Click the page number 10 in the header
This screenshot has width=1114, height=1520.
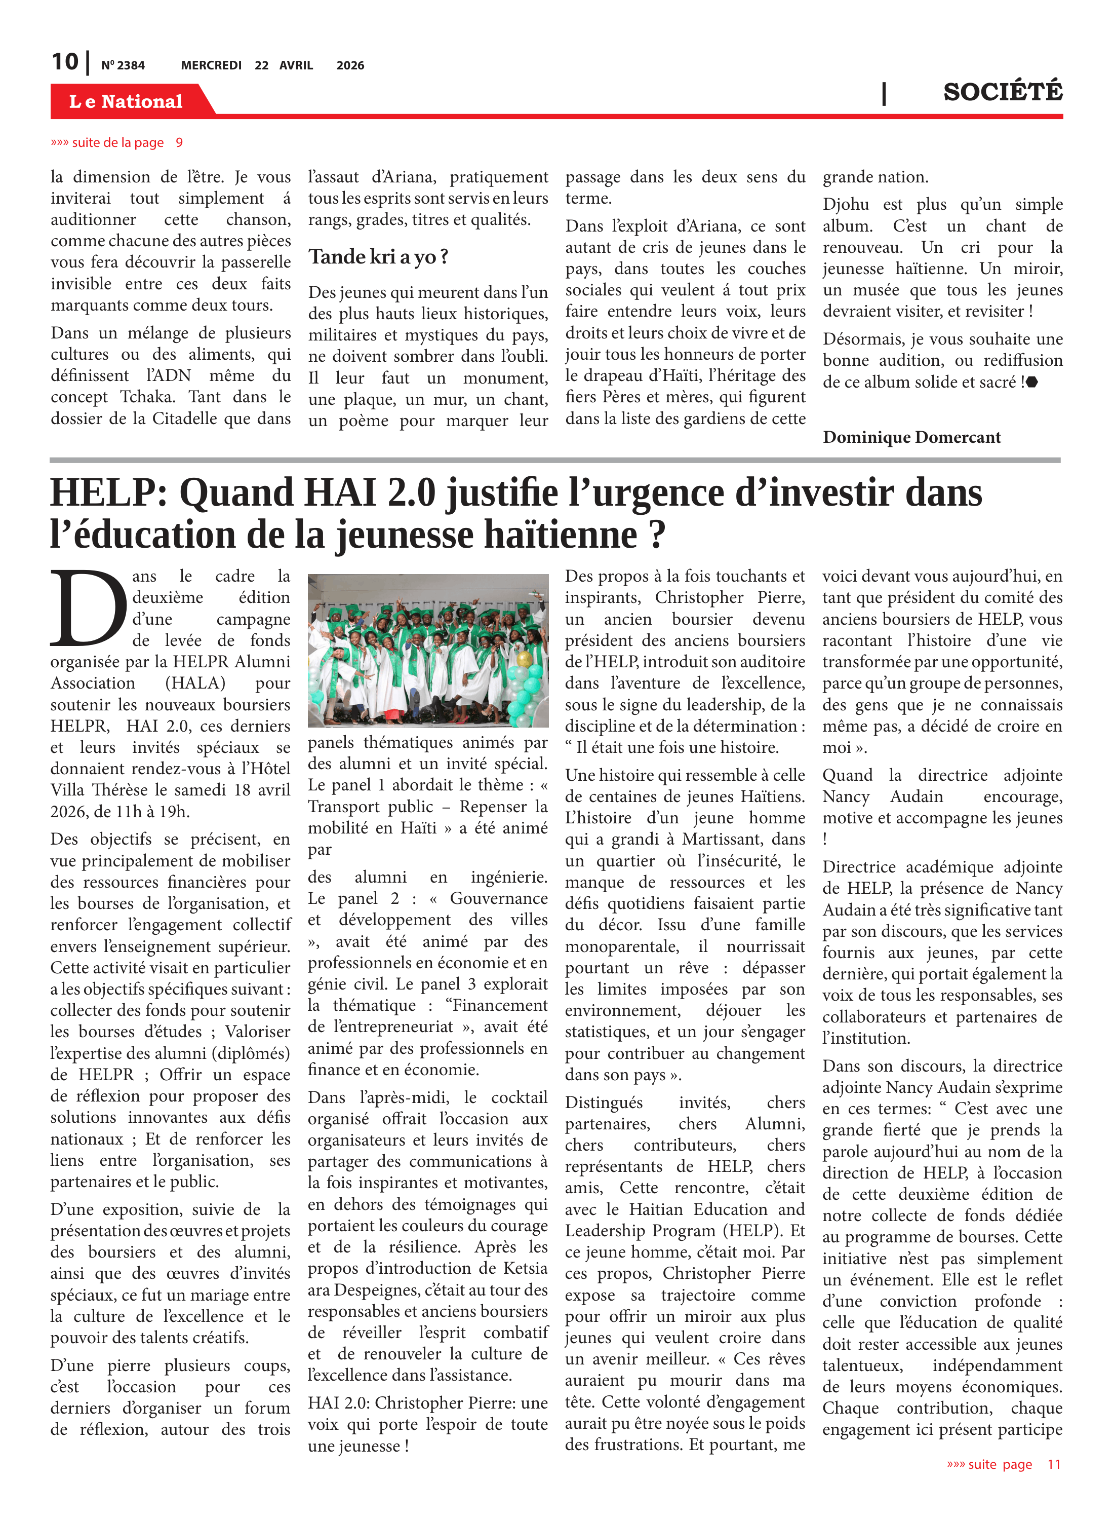click(x=65, y=62)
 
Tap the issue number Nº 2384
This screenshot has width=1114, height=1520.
click(x=123, y=65)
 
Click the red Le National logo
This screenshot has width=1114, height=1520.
click(x=126, y=101)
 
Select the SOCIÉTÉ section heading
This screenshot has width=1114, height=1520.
click(x=1002, y=92)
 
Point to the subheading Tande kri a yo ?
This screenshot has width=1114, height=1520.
click(x=378, y=257)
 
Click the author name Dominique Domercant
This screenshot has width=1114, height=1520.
click(x=911, y=437)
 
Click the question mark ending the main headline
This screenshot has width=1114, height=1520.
click(x=657, y=535)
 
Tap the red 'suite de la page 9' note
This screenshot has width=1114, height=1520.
click(x=116, y=142)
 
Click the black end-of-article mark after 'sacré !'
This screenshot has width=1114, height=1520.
click(x=1032, y=383)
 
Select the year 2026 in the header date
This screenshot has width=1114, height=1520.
click(x=350, y=65)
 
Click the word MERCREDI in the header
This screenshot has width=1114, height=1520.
click(x=211, y=65)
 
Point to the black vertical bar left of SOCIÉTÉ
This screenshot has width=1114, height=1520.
click(x=884, y=93)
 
